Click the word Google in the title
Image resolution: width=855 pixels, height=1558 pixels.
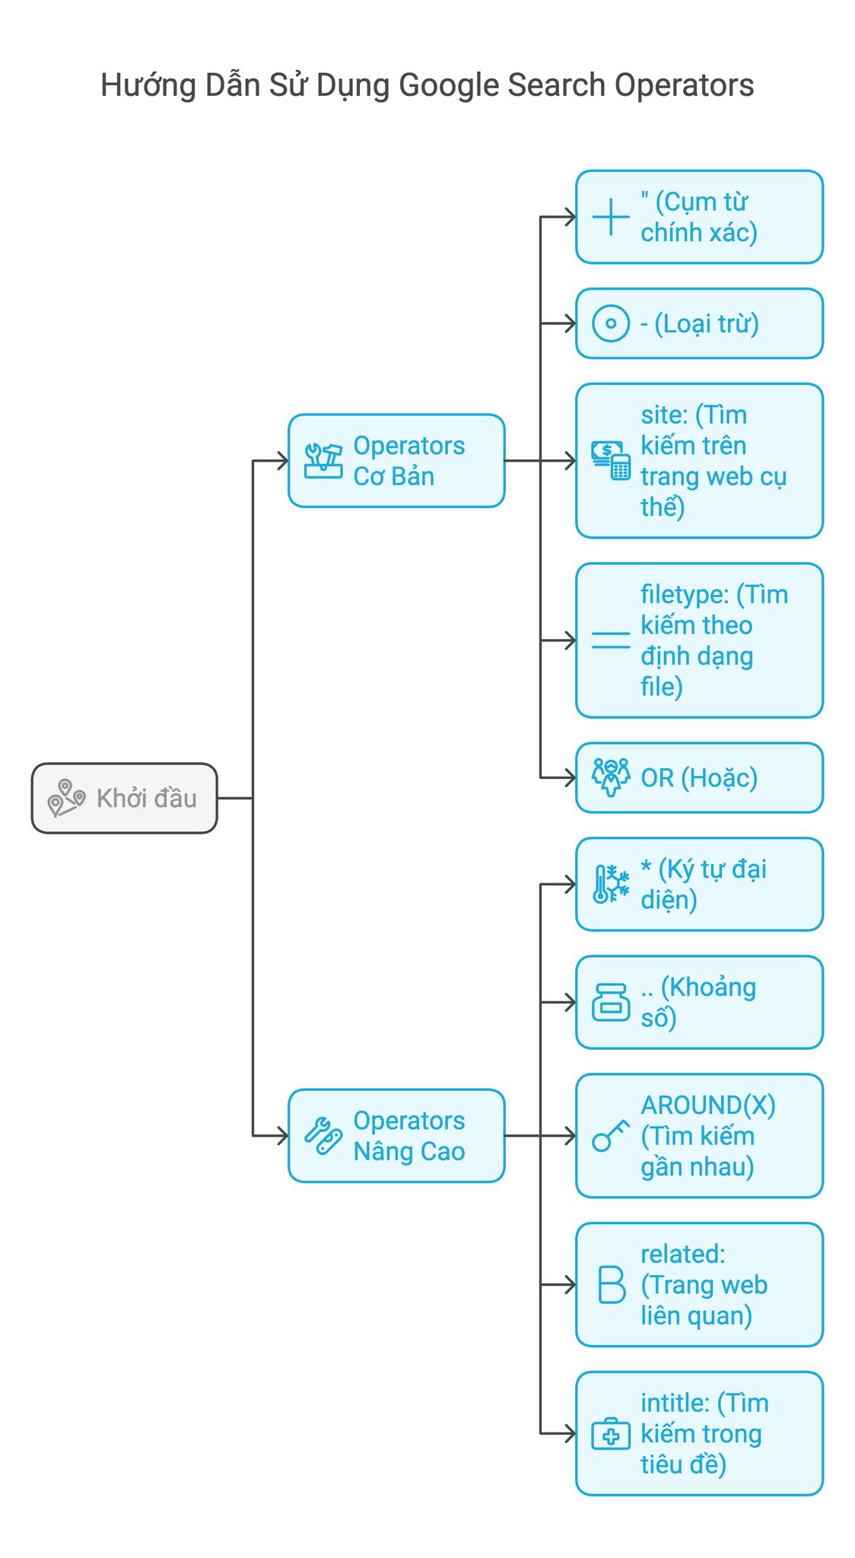coord(449,85)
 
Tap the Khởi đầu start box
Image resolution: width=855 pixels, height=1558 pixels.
coord(124,798)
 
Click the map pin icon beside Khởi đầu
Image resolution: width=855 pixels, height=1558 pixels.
coord(66,798)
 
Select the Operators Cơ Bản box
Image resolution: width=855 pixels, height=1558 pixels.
coord(396,460)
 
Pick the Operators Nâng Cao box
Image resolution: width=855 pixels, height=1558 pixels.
coord(396,1135)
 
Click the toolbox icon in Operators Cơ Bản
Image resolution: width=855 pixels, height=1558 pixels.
coord(323,461)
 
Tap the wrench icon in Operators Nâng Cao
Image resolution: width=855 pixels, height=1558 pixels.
coord(323,1136)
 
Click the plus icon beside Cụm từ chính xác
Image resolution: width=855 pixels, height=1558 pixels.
coord(611,217)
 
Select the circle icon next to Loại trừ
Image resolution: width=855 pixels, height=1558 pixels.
coord(611,323)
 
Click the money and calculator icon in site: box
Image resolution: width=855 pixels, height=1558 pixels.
coord(612,460)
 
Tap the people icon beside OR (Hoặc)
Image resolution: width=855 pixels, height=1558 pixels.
coord(611,777)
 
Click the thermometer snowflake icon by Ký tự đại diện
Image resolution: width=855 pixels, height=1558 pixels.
coord(611,884)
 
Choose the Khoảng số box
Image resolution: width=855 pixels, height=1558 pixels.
coord(698,1002)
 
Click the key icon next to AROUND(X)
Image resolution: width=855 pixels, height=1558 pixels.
coord(611,1136)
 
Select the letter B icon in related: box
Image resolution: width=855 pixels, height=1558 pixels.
coord(611,1285)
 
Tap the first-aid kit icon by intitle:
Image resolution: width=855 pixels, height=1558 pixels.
coord(611,1434)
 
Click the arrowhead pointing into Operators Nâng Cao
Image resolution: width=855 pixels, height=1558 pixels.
coord(283,1136)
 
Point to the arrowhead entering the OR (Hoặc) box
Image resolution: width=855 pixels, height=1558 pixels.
coord(571,777)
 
